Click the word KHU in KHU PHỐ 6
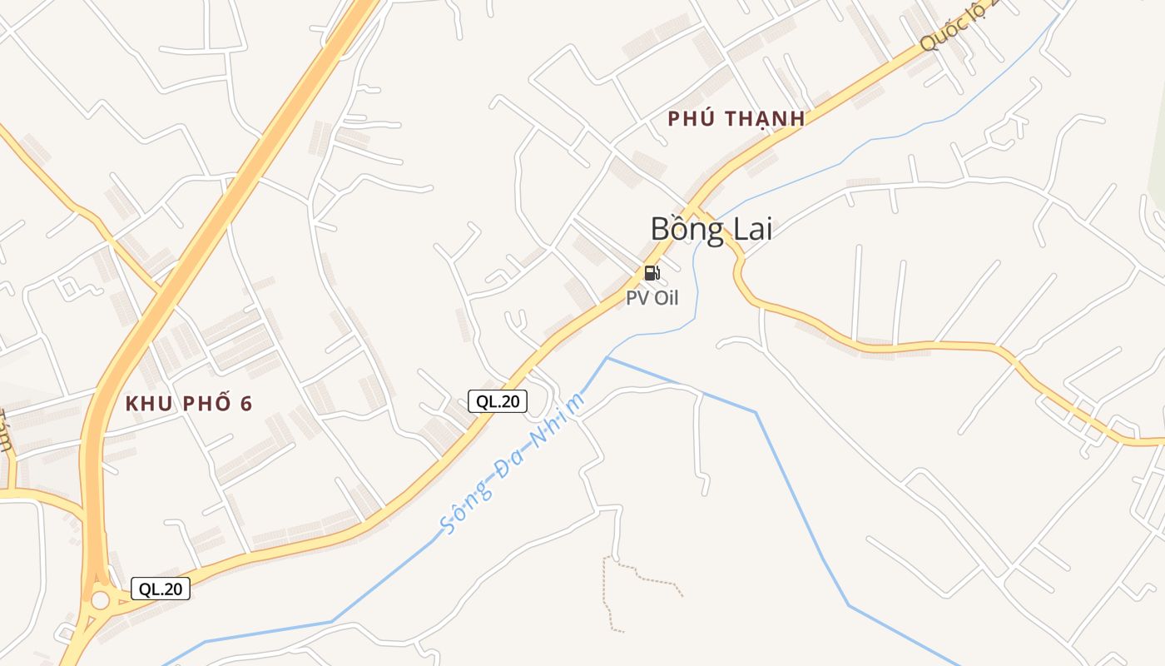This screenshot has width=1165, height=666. point(148,404)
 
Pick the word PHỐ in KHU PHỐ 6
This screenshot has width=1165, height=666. point(205,404)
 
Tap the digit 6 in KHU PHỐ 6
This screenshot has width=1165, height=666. point(245,404)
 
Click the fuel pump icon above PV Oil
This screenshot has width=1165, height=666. point(652,273)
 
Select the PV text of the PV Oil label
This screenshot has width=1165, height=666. point(637,298)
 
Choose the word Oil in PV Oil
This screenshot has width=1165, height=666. point(665,298)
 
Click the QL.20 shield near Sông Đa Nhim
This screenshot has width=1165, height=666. point(498,401)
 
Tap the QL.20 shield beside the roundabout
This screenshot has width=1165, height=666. point(161,589)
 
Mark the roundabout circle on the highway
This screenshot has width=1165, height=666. point(100,599)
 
